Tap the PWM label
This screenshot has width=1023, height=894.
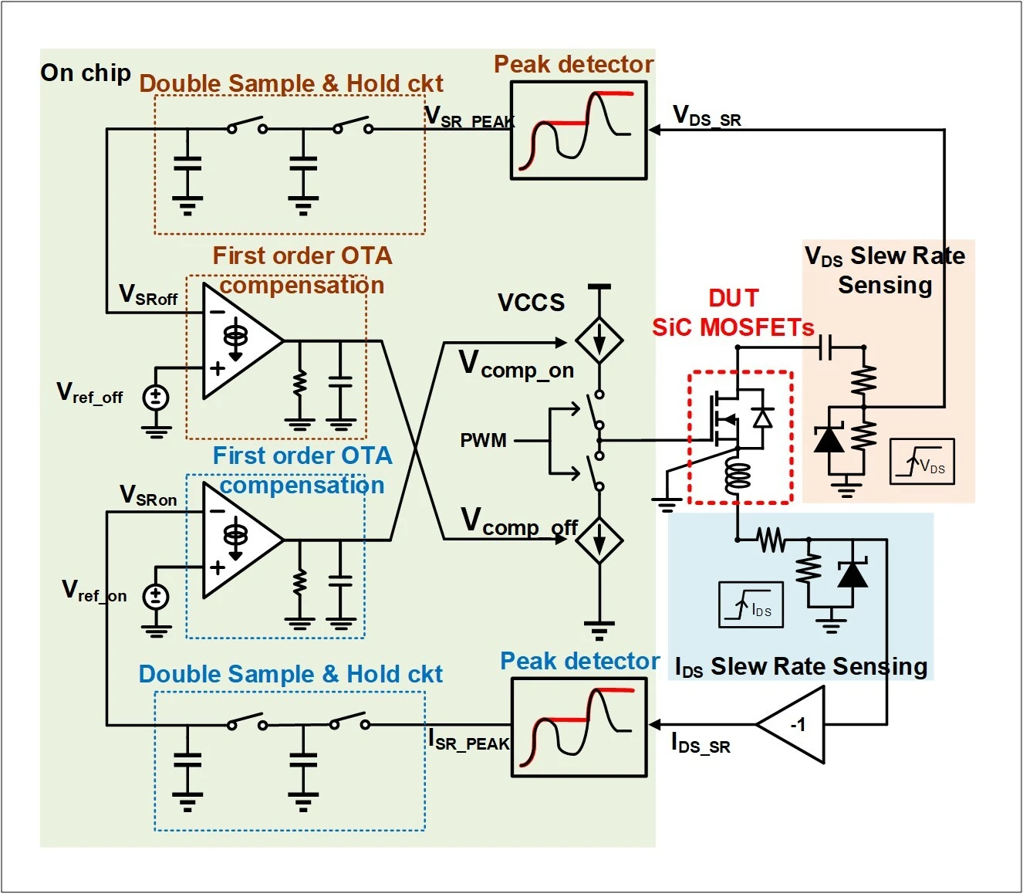pos(483,440)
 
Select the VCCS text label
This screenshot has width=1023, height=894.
pos(531,302)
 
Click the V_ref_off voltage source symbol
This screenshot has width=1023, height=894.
pos(156,398)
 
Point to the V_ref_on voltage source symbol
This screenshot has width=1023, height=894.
pos(156,596)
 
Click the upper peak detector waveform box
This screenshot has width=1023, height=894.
pos(579,130)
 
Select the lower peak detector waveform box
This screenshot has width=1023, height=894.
pos(579,727)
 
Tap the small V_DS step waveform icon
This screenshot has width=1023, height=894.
pos(922,461)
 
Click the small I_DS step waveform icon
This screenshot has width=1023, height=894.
pos(751,604)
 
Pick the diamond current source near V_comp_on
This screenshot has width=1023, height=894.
pos(599,340)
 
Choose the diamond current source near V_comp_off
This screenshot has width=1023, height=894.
pos(599,540)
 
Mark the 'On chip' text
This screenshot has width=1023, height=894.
pos(86,73)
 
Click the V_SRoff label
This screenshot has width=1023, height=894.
pos(148,295)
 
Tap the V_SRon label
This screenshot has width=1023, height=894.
pos(148,496)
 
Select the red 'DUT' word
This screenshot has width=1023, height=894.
pos(734,298)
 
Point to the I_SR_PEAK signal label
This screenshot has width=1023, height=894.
pos(469,740)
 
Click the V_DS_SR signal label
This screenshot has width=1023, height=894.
pos(707,116)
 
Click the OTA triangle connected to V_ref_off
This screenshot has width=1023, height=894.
pos(243,340)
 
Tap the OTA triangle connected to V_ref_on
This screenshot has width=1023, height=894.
pos(243,540)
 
